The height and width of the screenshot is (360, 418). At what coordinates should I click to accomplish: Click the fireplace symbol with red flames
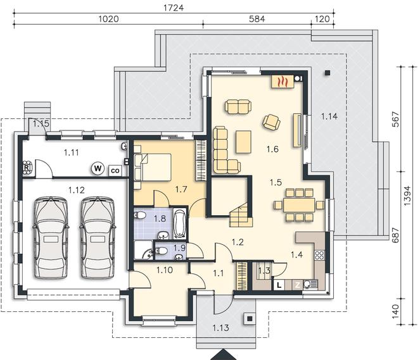282,82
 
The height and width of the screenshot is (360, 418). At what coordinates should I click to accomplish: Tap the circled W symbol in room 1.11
98,168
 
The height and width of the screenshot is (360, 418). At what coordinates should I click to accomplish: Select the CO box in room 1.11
115,171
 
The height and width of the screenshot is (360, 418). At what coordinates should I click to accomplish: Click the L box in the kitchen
279,285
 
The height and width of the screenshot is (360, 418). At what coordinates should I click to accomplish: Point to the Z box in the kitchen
297,285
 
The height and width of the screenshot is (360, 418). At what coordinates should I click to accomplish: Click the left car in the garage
51,238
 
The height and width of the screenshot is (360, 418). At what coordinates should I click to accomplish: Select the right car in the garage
98,238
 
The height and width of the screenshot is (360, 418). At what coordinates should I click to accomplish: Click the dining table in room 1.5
300,205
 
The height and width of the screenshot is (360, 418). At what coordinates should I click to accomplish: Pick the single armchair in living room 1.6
271,123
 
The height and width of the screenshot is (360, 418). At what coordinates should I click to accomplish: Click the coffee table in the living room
243,142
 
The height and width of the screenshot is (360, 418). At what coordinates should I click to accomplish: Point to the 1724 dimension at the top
174,8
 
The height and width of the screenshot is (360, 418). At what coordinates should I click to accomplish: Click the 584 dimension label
256,19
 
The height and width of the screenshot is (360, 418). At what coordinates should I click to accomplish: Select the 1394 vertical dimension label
408,196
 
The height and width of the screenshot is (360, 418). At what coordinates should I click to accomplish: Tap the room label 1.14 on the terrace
329,116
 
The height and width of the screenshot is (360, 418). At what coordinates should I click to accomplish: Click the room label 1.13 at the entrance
221,328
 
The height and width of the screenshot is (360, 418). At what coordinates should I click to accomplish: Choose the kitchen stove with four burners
319,255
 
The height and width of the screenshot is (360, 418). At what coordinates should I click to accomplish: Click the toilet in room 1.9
161,251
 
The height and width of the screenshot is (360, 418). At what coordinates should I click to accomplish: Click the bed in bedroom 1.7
153,167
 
